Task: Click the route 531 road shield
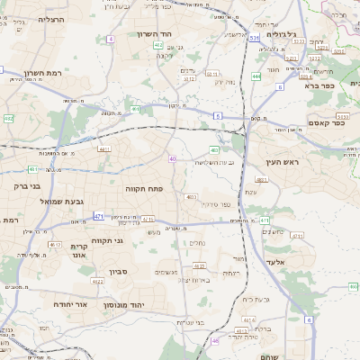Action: (x=255, y=39)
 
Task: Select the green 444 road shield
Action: (x=256, y=76)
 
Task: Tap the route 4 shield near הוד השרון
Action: (x=111, y=39)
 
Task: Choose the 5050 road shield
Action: (x=342, y=116)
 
